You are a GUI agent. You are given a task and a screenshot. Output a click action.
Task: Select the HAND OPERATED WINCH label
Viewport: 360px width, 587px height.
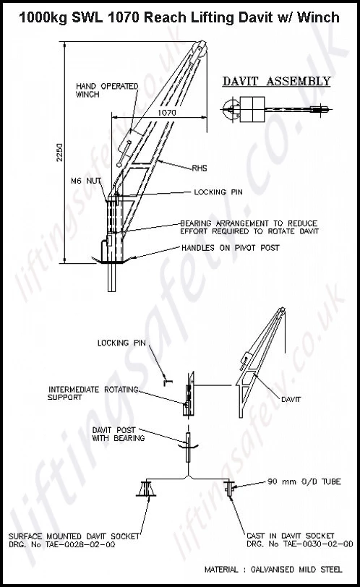[x=107, y=89]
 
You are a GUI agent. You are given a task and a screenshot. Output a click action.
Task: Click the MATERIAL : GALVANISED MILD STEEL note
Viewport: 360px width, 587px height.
[x=279, y=568]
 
